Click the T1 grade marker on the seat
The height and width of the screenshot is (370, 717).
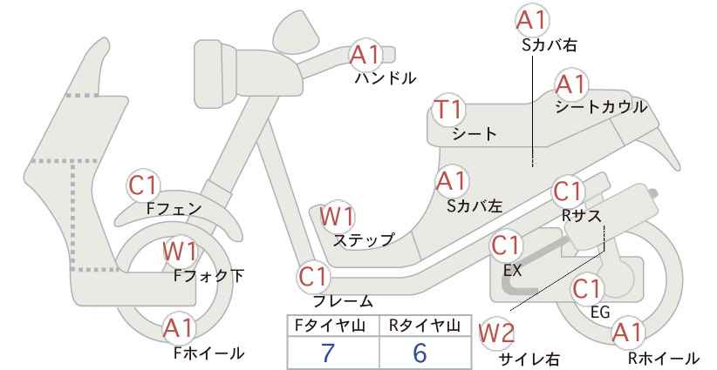[x=448, y=111]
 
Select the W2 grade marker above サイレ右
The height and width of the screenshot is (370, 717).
[x=495, y=334]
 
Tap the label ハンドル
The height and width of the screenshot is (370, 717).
[x=386, y=78]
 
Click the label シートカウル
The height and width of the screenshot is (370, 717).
[x=601, y=107]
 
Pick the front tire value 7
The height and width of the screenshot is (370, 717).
[x=328, y=353]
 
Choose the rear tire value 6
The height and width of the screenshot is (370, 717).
[x=420, y=353]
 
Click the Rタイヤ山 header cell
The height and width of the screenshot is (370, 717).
[x=426, y=326]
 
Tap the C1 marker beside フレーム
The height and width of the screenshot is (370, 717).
[x=314, y=277]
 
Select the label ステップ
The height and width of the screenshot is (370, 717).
[x=364, y=239]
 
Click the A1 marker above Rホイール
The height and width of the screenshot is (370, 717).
[x=627, y=333]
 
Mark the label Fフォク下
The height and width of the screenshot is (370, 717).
[x=209, y=275]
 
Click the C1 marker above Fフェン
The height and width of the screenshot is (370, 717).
[x=143, y=185]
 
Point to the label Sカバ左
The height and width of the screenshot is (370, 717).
[x=475, y=206]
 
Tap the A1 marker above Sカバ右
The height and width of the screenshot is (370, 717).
[x=532, y=20]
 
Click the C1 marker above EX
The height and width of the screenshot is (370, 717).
[x=506, y=246]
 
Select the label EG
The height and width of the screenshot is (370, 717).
[x=600, y=312]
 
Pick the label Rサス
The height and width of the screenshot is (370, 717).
[x=581, y=216]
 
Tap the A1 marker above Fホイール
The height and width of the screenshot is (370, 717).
[x=180, y=328]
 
